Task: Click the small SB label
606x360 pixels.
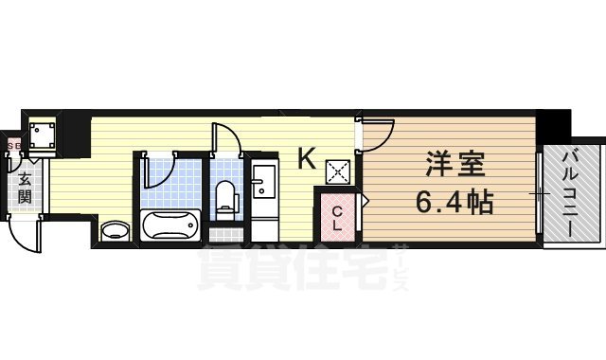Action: tap(13, 146)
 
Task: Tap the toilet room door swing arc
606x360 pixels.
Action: tap(227, 140)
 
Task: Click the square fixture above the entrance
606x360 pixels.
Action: tap(42, 135)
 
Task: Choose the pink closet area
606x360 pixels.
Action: tap(338, 218)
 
